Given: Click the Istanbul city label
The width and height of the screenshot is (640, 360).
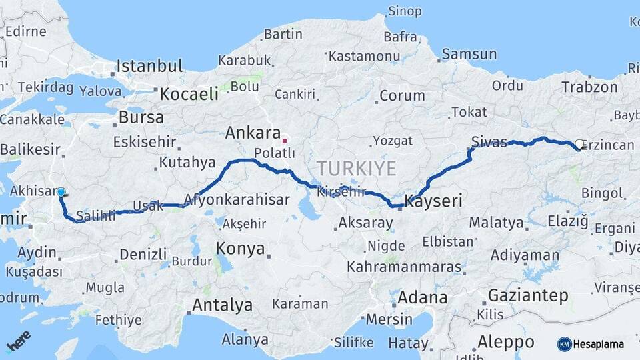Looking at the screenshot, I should tap(149, 66).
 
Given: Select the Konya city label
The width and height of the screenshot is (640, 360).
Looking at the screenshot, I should tap(240, 249).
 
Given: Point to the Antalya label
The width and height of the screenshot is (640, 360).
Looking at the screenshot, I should tap(222, 305).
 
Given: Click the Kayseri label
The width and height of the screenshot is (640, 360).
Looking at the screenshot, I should tap(435, 201).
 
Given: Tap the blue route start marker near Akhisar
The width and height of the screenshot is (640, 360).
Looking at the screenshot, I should tap(61, 192).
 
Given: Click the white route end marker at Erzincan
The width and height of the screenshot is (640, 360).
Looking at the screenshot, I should tap(579, 144).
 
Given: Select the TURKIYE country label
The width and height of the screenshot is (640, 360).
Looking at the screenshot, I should tap(356, 167).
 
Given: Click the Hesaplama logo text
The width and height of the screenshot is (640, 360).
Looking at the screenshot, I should tap(597, 344).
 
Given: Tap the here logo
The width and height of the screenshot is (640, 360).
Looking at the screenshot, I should tap(18, 340).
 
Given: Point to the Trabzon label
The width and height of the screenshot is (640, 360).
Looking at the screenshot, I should tap(589, 87).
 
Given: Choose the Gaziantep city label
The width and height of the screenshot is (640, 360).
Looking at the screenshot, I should tap(528, 295).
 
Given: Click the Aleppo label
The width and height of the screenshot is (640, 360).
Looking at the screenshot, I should tap(505, 342).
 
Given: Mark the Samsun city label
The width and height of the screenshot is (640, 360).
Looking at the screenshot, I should tap(469, 54).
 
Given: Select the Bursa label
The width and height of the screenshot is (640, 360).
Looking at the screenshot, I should tap(141, 118).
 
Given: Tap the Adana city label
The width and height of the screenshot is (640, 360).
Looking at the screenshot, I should tap(423, 297).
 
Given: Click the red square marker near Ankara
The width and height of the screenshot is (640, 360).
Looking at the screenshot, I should tap(285, 141).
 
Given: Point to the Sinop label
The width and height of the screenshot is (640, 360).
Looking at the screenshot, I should tap(405, 11).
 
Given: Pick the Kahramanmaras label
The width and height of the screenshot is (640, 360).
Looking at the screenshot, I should tap(404, 267).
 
